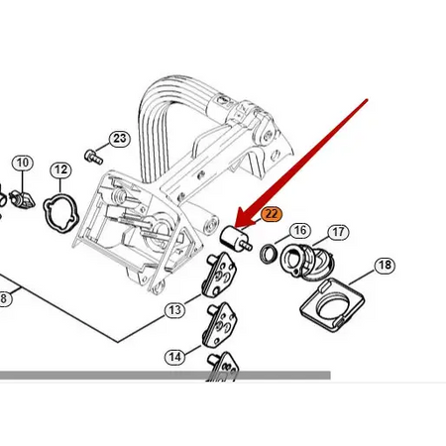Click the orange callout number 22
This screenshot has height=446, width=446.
272,212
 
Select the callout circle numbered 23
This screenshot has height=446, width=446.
120,138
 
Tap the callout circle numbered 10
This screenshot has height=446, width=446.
22,162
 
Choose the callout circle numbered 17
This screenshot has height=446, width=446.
338,232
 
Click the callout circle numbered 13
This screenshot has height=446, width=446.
174,310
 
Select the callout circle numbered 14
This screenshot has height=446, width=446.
174,356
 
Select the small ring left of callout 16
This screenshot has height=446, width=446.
269,254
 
